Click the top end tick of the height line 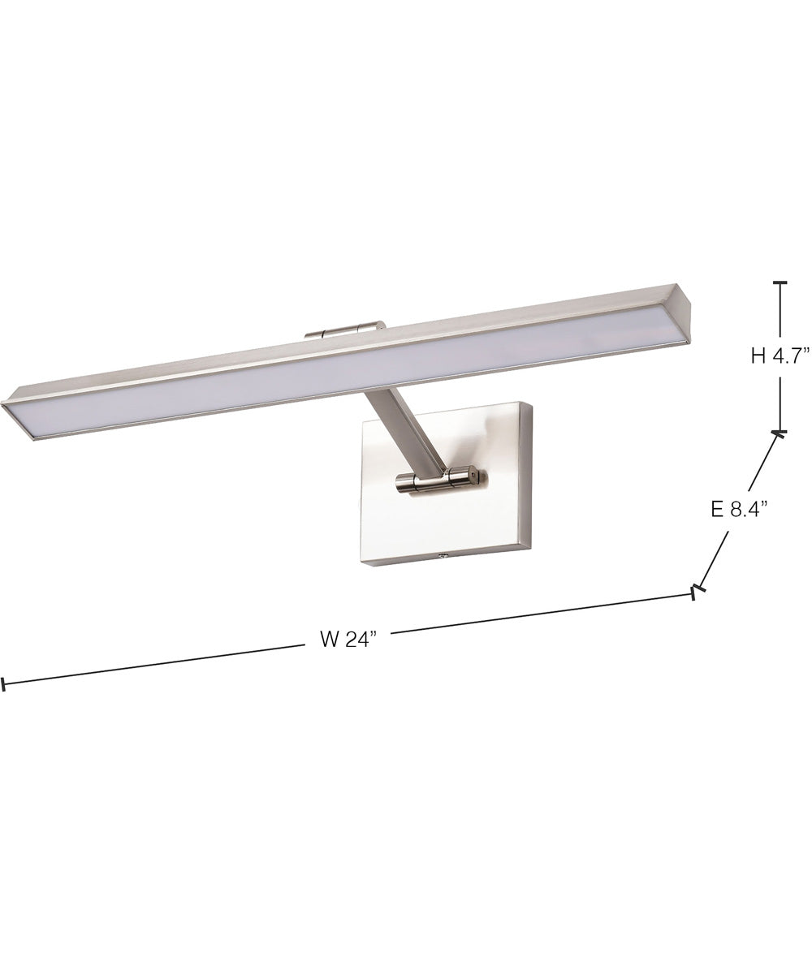coord(780,282)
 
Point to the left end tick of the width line coord(4,684)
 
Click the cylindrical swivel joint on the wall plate coord(439,481)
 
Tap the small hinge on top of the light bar coord(344,330)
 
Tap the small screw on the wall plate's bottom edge coord(443,557)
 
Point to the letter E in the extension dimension coord(716,509)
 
